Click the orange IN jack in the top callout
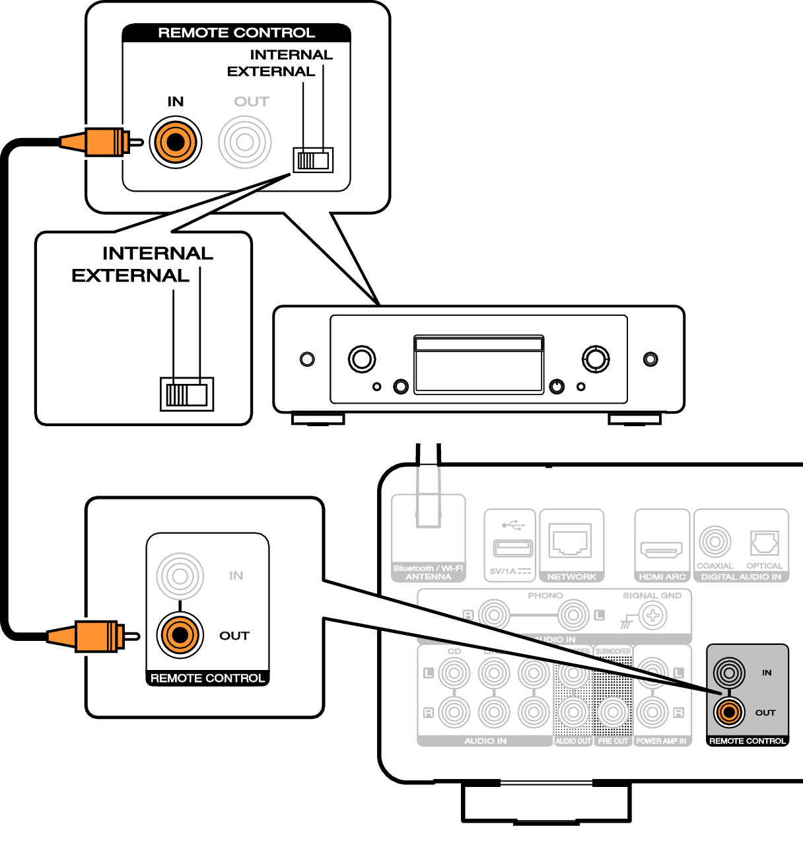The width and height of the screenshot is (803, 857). [x=175, y=142]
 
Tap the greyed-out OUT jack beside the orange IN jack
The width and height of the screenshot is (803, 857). [x=245, y=142]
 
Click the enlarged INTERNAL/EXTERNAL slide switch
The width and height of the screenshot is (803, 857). [x=187, y=394]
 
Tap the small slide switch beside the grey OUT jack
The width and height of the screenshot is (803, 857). [x=314, y=160]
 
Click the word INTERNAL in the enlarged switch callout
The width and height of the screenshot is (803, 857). [x=158, y=254]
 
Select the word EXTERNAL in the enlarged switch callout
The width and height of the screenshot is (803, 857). [x=130, y=276]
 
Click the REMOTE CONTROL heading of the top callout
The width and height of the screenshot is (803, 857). [x=236, y=33]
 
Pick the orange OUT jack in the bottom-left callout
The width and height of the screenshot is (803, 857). [x=179, y=635]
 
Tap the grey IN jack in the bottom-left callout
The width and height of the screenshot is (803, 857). [x=179, y=576]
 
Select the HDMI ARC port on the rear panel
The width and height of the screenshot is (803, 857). [x=661, y=549]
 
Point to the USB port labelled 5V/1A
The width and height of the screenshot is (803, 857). [x=512, y=548]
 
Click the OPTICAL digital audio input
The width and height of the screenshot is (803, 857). [x=764, y=543]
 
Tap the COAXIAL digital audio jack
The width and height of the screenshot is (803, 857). [x=715, y=542]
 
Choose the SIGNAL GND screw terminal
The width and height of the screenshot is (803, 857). [x=652, y=616]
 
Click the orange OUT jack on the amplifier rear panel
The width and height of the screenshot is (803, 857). [x=729, y=712]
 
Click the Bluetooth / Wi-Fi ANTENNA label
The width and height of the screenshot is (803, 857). [x=428, y=572]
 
